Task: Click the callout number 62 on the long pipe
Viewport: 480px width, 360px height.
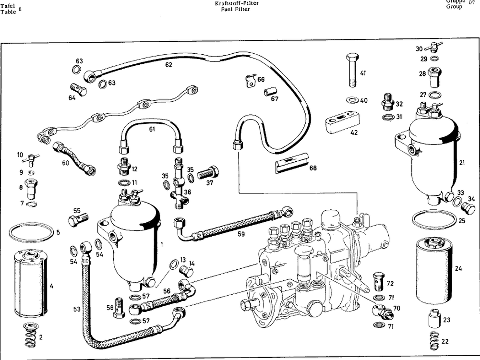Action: [x=168, y=64]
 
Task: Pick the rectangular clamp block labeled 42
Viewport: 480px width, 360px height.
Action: [x=341, y=122]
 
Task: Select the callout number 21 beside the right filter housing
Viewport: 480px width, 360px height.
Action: [x=462, y=163]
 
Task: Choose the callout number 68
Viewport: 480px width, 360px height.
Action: [x=313, y=168]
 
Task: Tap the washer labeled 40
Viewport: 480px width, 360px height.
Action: [x=351, y=101]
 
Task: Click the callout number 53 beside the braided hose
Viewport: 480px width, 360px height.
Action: [x=76, y=309]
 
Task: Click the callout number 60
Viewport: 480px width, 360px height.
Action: [x=65, y=162]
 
